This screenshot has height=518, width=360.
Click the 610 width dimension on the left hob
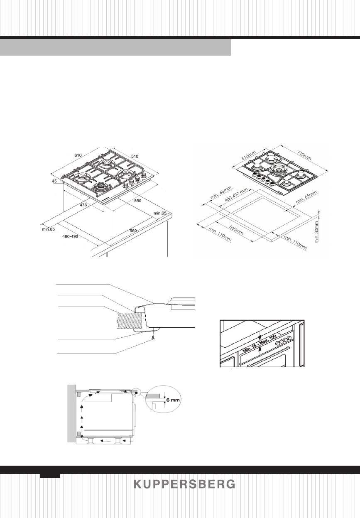click(78, 155)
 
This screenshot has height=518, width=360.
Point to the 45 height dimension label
click(54, 182)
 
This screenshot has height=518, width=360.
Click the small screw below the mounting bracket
click(154, 339)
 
